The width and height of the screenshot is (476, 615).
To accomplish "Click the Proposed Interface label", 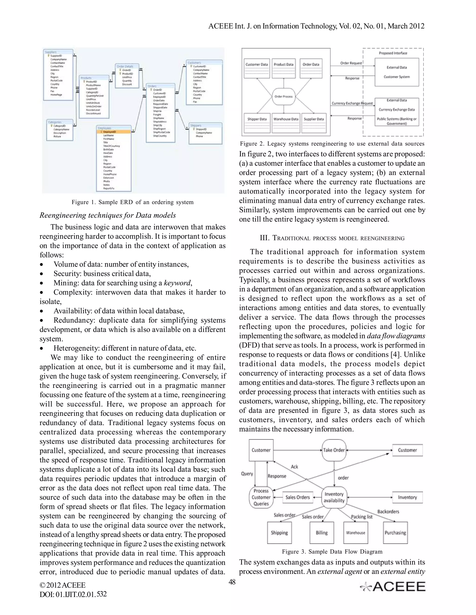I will [393, 53].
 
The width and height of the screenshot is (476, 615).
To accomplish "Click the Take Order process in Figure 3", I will [334, 450].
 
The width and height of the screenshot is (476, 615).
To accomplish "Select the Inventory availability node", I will [334, 497].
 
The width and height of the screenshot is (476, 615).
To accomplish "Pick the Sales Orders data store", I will [297, 497].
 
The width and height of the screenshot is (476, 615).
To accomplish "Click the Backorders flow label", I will [388, 511].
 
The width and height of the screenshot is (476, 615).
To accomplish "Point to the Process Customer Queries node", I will [261, 497].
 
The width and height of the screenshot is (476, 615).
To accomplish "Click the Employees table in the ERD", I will [114, 158].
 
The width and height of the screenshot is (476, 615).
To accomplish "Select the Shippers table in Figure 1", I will [205, 133].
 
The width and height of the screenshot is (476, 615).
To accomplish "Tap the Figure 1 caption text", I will [132, 202].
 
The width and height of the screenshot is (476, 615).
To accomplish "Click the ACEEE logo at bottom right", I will [393, 586].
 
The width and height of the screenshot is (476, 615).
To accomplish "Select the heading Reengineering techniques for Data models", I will [107, 215].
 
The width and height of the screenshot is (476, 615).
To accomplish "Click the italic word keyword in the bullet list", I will [177, 283].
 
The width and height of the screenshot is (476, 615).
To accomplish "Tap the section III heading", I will [332, 238].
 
